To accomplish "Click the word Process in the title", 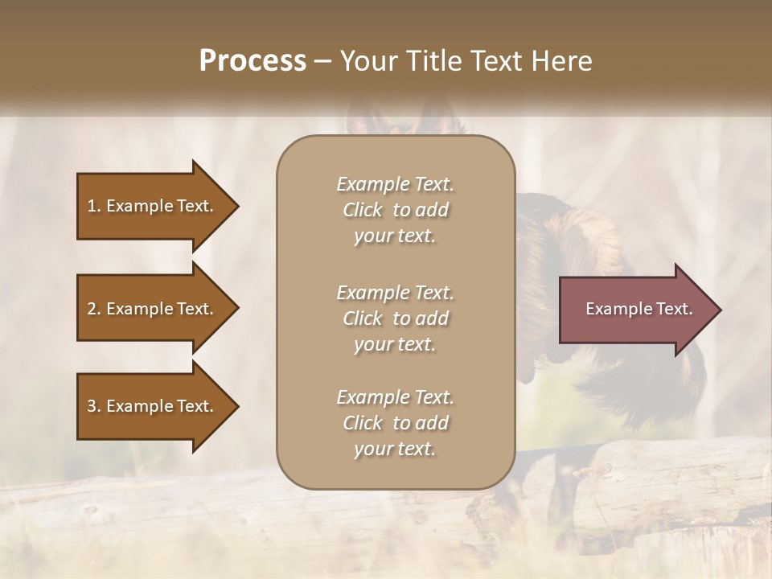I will [x=253, y=61].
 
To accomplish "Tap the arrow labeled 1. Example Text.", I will [x=151, y=206].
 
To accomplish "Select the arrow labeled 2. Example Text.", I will [x=151, y=309].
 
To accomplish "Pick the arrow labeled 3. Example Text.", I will [x=151, y=406].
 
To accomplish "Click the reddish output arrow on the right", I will [x=635, y=309].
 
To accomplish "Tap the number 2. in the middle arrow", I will [x=94, y=309].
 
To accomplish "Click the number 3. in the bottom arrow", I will [x=94, y=406].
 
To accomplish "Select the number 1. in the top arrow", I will [x=94, y=206].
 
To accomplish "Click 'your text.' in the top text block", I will [x=395, y=236].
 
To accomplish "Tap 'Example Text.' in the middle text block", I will [x=395, y=292].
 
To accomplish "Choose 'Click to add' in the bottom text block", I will [x=395, y=423].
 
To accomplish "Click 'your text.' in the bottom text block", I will [x=395, y=450].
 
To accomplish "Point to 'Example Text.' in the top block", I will [x=395, y=184].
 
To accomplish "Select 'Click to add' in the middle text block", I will [x=395, y=318].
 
